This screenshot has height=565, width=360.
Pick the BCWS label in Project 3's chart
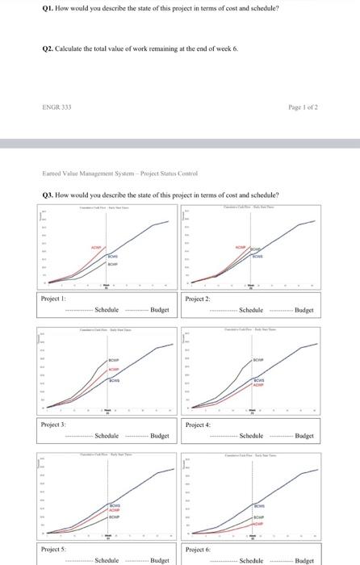(x=114, y=379)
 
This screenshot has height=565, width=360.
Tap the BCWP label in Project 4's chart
(x=258, y=361)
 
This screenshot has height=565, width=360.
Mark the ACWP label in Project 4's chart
(x=258, y=385)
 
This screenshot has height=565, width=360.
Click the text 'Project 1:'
(x=52, y=299)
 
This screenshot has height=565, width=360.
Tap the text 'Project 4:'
(x=198, y=425)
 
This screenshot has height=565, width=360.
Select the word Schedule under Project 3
(x=107, y=436)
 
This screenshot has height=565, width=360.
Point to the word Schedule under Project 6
(x=252, y=560)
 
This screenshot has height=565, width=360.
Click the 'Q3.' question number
(x=48, y=195)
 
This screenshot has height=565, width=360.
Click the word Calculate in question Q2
(x=74, y=48)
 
